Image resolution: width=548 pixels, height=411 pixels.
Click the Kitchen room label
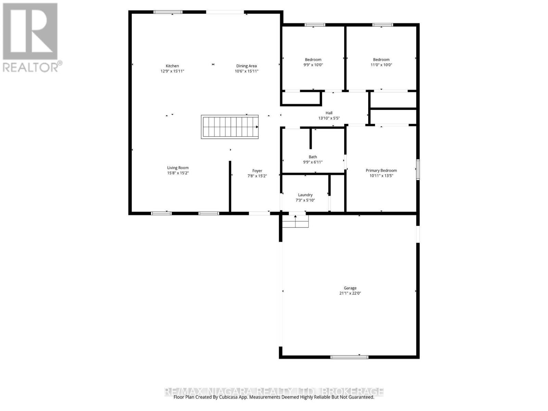coord(172,66)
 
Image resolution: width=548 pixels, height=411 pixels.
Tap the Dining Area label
coord(246,66)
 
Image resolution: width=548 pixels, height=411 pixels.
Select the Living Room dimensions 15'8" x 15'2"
coord(178,173)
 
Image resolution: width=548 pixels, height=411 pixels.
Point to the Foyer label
coord(257,171)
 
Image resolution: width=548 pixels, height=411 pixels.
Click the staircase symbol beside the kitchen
coord(229,127)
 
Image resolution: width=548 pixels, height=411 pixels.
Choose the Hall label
coord(329,113)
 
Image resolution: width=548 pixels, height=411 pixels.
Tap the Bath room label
coord(313,157)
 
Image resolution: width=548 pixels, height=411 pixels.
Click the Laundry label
coord(305,195)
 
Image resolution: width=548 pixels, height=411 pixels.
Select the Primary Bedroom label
coord(381,170)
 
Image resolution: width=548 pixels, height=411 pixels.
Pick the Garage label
coord(350,288)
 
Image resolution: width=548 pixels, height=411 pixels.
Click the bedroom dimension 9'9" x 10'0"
coord(313,65)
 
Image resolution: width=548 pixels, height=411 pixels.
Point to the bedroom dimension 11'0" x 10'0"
coord(381,65)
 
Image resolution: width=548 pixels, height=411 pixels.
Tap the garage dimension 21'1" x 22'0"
coord(350,293)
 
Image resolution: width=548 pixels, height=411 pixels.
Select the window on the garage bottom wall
coord(349,357)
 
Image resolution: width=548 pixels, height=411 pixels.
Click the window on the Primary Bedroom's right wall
coord(418,170)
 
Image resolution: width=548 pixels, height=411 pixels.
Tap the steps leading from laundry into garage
coord(295,222)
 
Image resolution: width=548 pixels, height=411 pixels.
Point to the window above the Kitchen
coord(168,12)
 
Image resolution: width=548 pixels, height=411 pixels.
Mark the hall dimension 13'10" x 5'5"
coord(329,118)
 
